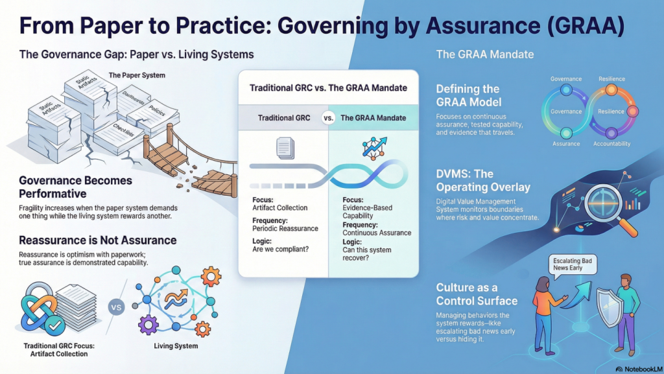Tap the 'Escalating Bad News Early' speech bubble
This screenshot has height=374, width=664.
pyautogui.click(x=572, y=265)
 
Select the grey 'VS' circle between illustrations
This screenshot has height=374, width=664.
pyautogui.click(x=116, y=307)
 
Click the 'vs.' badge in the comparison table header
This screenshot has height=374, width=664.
pyautogui.click(x=328, y=118)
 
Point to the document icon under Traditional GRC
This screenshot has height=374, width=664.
pyautogui.click(x=285, y=148)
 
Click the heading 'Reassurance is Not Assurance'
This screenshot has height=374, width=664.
pyautogui.click(x=98, y=240)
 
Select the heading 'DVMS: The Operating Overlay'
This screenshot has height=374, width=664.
pyautogui.click(x=483, y=181)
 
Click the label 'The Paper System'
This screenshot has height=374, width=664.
pyautogui.click(x=137, y=75)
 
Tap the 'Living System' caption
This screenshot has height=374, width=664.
pyautogui.click(x=176, y=345)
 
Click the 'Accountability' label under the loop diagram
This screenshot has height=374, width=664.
pyautogui.click(x=611, y=144)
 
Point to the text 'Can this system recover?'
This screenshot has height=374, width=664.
pyautogui.click(x=367, y=254)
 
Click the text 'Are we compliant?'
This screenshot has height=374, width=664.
pyautogui.click(x=280, y=249)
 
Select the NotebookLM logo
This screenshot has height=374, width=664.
pyautogui.click(x=639, y=369)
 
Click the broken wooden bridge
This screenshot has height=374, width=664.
pyautogui.click(x=191, y=159)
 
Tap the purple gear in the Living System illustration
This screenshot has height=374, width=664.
pyautogui.click(x=148, y=326)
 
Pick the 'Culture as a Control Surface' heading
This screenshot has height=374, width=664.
pyautogui.click(x=477, y=294)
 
